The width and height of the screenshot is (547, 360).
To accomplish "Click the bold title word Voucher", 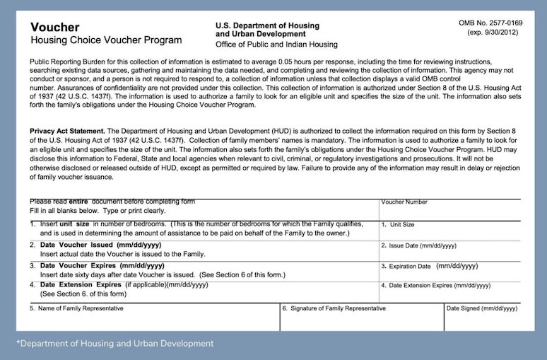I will coord(54,27).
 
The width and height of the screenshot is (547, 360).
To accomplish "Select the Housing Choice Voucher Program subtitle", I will coord(105,40).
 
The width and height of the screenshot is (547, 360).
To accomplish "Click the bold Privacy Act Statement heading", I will coord(66,132).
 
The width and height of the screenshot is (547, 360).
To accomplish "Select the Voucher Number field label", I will coord(404,202).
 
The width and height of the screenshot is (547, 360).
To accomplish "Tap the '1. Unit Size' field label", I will coord(398,225).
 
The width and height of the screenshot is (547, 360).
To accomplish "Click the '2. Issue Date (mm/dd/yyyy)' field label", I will coord(418,245).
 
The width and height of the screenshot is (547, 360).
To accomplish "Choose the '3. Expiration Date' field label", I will coord(406,267).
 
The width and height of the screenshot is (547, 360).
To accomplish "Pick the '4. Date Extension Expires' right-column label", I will coord(435,286).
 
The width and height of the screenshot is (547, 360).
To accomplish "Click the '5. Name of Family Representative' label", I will coord(76,309).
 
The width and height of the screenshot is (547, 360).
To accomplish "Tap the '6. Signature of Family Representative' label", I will coord(334,309).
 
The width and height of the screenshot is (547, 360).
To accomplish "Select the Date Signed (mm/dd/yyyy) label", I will coord(482,309).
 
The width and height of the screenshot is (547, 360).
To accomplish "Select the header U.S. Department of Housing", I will coord(267,26).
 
